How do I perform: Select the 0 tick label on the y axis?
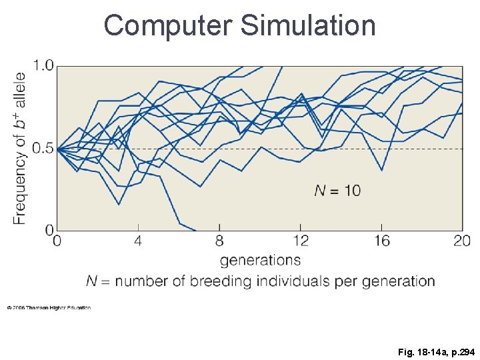point(48,230)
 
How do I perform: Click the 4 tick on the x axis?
point(138,241)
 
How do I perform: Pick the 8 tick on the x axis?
point(219,241)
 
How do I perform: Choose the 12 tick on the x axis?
point(301,241)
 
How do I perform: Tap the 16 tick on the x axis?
point(382,241)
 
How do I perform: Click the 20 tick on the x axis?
point(462,241)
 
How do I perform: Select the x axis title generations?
point(260,259)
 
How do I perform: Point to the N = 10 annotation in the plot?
point(337,191)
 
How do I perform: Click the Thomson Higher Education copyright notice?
point(49,307)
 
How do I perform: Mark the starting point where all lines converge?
point(57,149)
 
